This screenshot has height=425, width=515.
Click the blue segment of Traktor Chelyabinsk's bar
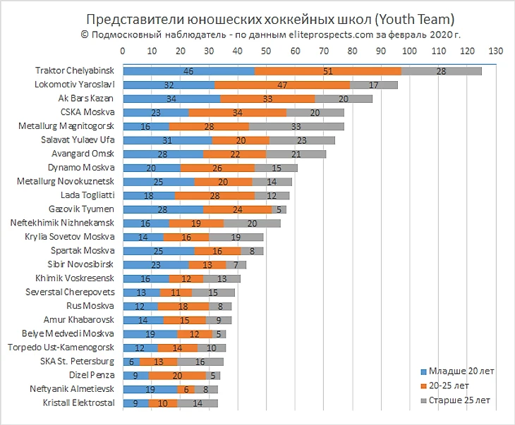[188, 70]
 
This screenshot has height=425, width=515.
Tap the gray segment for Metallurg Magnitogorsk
[296, 125]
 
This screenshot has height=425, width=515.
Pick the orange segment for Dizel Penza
[177, 375]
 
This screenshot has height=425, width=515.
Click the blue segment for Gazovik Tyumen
[163, 209]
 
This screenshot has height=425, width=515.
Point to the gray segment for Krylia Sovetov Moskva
[236, 237]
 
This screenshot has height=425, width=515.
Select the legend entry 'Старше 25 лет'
[455, 400]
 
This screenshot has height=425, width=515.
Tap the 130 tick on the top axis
[495, 51]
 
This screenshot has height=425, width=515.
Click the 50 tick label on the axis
[266, 51]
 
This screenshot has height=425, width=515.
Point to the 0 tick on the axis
[123, 51]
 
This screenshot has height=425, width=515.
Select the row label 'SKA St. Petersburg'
[77, 361]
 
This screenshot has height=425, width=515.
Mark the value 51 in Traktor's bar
[327, 70]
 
